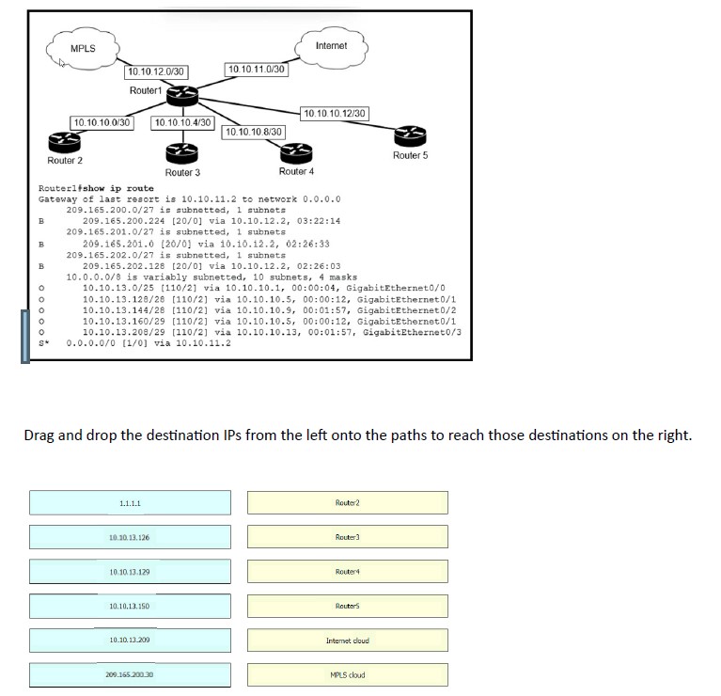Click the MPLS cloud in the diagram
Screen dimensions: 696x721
83,48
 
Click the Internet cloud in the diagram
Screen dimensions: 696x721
331,46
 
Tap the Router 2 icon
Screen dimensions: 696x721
64,141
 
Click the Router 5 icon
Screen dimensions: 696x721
409,134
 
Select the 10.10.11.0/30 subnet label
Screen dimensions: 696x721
257,69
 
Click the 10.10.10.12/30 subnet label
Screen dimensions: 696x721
334,114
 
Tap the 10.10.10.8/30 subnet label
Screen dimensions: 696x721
253,131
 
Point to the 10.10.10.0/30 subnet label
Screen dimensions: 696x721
102,122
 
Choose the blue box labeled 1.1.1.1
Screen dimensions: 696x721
130,503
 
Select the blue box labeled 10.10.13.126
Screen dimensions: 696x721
130,537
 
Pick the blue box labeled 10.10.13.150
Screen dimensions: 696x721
130,607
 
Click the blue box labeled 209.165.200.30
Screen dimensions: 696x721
130,675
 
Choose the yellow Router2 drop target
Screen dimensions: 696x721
348,503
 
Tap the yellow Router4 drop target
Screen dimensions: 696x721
348,572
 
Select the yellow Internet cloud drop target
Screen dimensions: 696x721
348,641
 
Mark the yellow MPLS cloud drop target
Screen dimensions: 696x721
348,675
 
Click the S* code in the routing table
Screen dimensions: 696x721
43,342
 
